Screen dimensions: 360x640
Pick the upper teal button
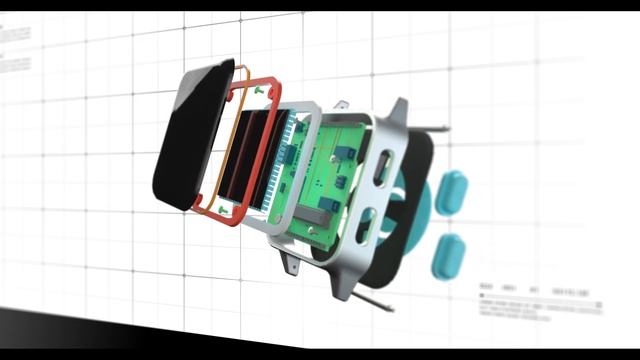coord(451,190)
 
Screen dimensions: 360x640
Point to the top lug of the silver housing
coord(398,112)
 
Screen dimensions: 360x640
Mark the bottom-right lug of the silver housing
coord(345,284)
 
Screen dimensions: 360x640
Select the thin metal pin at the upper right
coord(434,126)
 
